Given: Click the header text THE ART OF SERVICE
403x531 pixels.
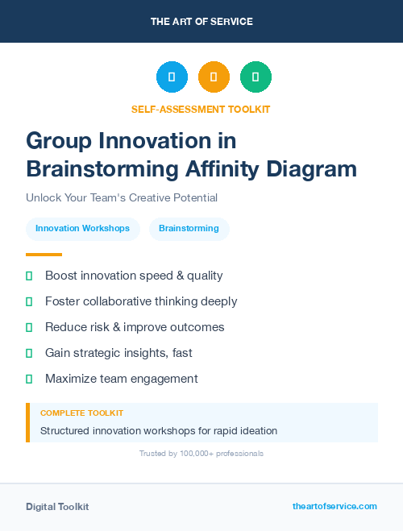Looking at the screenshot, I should coord(201,22).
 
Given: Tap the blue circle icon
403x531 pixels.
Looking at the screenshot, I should coord(172,77).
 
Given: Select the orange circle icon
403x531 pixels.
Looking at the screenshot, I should coord(214,77).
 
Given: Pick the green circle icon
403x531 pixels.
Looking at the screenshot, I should coord(256,77).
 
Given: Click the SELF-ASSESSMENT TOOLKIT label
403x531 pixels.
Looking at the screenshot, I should coord(201,109).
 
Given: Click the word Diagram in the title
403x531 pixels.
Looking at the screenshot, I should coord(310,168).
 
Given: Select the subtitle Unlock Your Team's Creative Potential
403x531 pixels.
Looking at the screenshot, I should coord(122,197).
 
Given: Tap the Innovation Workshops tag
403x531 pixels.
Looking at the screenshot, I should coord(83,229).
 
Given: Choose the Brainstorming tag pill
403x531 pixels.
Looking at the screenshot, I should coord(189,229).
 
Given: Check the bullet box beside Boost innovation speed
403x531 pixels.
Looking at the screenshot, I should coord(29,276).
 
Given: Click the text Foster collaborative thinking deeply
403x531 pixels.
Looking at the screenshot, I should coord(141,301).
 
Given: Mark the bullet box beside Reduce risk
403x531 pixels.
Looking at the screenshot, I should coord(29,327).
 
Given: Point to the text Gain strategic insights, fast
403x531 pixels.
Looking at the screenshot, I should coord(118,353).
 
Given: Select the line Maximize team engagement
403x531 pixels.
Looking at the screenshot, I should coord(121,379).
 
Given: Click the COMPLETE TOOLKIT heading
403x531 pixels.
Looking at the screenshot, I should coord(81,413).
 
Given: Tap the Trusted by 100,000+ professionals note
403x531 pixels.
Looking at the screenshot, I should coord(201,454).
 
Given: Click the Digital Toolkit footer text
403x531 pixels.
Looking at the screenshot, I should coord(57,507).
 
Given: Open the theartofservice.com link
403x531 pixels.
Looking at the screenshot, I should coord(334,506).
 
